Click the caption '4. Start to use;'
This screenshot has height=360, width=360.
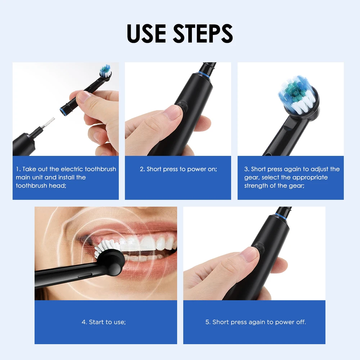[104, 322]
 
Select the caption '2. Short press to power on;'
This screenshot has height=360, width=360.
[178, 169]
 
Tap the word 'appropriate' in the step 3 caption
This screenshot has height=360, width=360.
[310, 177]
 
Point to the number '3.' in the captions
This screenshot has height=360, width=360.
[247, 169]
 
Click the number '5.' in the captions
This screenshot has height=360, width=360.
[208, 322]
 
